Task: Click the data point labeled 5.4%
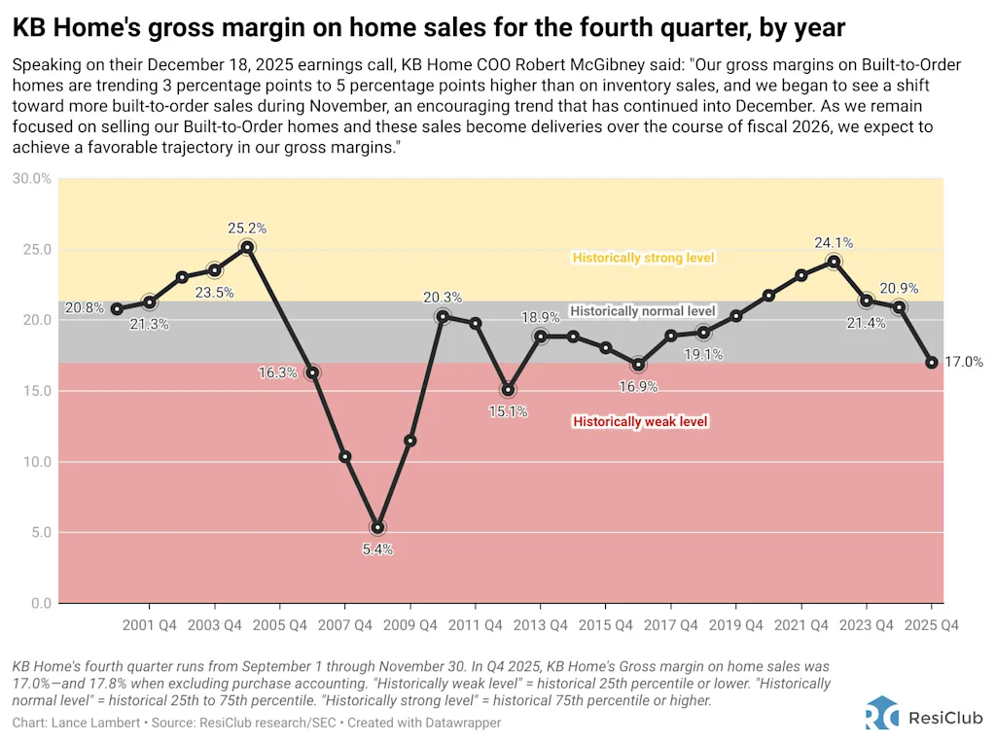[377, 527]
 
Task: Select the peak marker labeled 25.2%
[247, 247]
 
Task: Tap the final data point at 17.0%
[932, 363]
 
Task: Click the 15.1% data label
[508, 411]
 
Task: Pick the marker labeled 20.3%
[443, 316]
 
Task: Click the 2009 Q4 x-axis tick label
[409, 626]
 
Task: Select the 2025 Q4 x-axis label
[932, 626]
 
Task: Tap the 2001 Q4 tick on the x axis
[149, 626]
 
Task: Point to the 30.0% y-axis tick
[32, 179]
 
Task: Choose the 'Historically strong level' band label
[643, 258]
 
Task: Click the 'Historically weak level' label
[640, 422]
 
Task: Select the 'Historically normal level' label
[642, 311]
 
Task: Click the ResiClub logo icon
[882, 713]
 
